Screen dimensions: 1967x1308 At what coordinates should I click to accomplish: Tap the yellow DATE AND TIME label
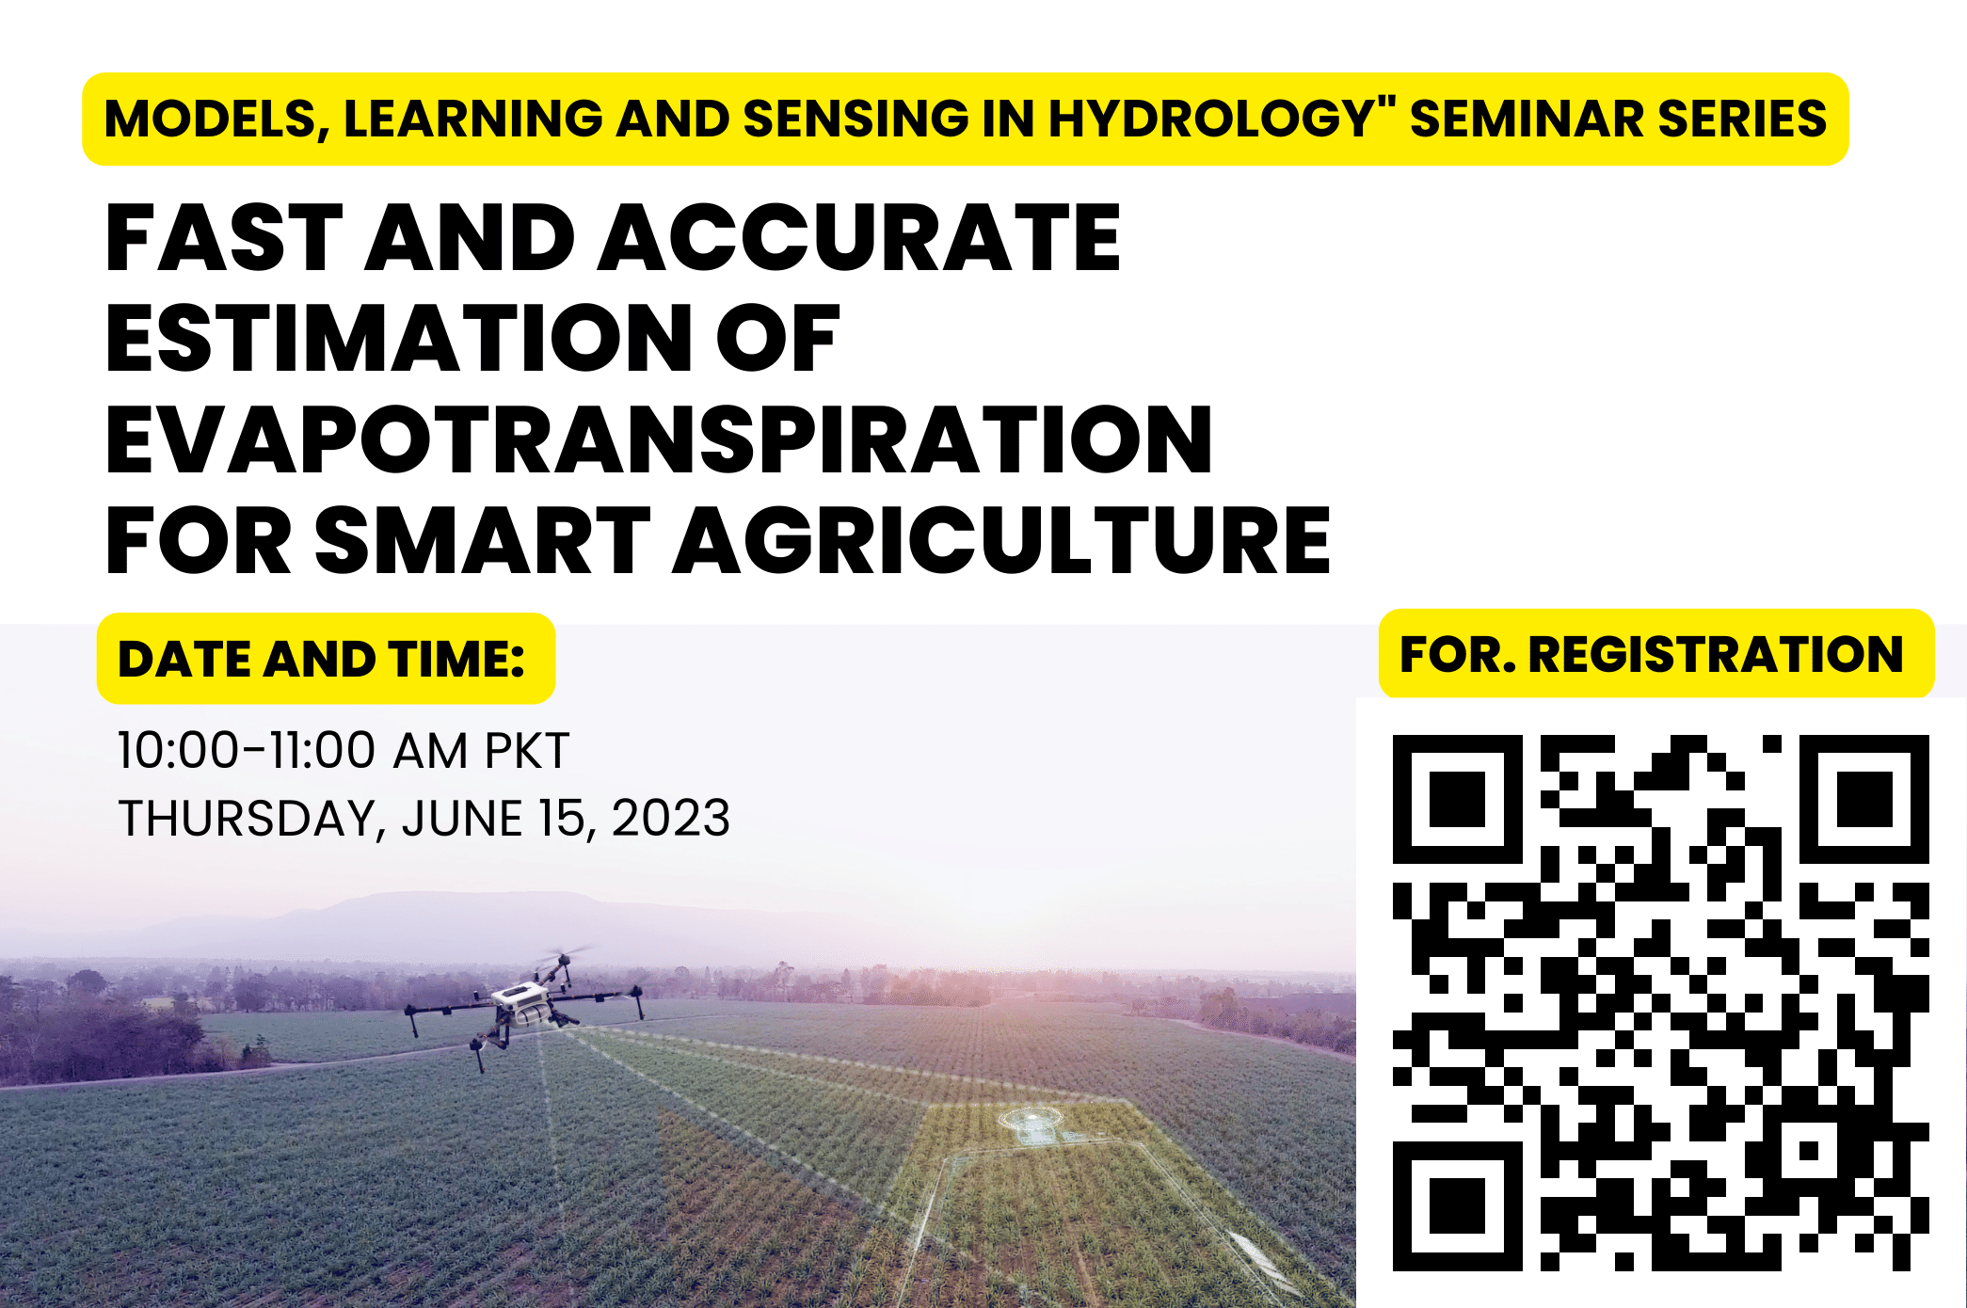[326, 659]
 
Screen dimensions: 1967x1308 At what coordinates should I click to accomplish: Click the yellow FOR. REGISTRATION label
[1656, 654]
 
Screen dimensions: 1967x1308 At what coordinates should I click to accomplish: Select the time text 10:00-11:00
[246, 751]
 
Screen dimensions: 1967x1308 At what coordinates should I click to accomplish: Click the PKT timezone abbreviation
[527, 751]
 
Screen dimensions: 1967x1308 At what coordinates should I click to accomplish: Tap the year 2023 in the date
[671, 818]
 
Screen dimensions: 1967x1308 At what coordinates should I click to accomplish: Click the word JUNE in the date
[462, 818]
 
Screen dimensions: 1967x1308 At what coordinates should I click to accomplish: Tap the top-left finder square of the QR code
[1457, 799]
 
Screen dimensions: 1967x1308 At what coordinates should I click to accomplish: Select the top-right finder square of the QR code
[1864, 799]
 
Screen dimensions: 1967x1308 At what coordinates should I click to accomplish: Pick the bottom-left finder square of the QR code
[1457, 1206]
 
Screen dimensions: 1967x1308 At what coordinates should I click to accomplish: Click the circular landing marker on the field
[1031, 1120]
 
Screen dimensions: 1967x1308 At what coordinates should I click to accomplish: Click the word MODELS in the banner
[216, 120]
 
